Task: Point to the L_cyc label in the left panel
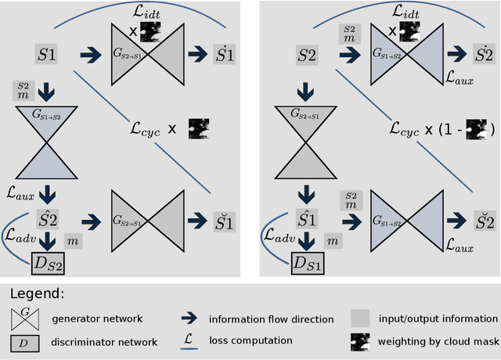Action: coord(144,128)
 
